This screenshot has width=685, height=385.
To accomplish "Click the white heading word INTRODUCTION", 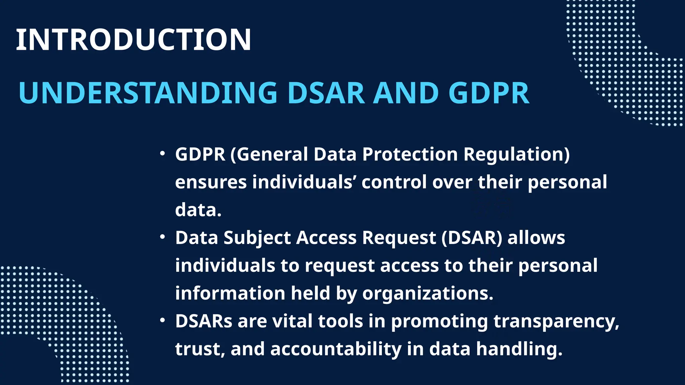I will click(x=133, y=40).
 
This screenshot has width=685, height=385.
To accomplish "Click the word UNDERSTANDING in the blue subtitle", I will click(x=148, y=93).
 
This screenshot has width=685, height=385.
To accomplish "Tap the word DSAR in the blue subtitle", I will click(x=326, y=93).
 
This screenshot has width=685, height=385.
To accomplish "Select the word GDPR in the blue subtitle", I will click(x=489, y=93).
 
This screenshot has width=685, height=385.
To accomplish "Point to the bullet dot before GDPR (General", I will click(x=163, y=154).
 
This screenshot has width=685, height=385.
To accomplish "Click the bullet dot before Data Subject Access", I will click(x=163, y=237).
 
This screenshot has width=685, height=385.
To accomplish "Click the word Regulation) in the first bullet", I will click(x=516, y=154).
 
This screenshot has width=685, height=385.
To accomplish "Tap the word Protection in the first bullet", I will click(x=410, y=154).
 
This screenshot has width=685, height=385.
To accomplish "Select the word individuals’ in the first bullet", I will click(x=304, y=182).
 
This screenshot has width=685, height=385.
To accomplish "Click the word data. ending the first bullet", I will click(x=198, y=210).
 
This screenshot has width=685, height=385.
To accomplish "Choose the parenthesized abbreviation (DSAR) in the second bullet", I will click(x=472, y=238).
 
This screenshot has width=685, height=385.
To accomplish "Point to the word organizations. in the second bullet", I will click(x=428, y=293).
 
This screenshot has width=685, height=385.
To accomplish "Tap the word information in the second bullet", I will click(x=230, y=293).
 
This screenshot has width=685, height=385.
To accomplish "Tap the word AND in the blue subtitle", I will click(x=405, y=93).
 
